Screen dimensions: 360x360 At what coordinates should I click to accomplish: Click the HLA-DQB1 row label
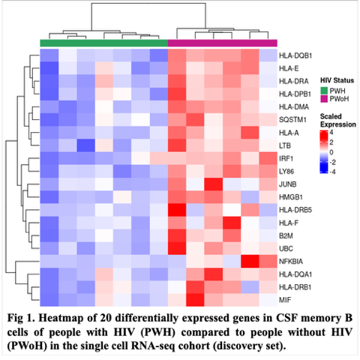tap(295, 55)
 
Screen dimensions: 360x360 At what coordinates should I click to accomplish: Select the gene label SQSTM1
tap(292, 120)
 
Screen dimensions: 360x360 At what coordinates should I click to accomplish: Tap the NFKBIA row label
tap(291, 262)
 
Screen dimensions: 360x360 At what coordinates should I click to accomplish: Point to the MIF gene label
tap(285, 300)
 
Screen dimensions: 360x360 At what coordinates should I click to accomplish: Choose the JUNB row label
tap(287, 184)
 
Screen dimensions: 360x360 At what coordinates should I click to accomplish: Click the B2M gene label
tap(286, 235)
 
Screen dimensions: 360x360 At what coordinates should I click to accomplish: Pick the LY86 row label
tap(286, 172)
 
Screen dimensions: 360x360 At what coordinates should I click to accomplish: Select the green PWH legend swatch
tap(324, 91)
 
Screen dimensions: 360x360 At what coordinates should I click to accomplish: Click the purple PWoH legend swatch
tap(324, 98)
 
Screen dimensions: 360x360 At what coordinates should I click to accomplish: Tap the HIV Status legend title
tap(337, 80)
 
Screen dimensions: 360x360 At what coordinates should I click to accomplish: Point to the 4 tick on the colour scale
tap(331, 132)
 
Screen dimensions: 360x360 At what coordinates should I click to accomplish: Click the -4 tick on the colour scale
tap(332, 172)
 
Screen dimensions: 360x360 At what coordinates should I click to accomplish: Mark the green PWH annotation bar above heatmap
tap(104, 43)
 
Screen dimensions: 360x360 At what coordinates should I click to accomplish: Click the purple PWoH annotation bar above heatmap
tap(223, 43)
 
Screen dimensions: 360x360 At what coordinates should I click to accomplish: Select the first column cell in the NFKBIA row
tap(49, 262)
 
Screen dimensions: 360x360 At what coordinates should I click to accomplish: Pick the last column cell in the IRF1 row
tap(268, 158)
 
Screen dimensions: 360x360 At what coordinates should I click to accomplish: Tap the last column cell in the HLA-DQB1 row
tap(268, 55)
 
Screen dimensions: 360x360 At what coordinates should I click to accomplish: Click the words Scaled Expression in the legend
tap(338, 120)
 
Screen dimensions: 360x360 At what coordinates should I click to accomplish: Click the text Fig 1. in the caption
tap(21, 318)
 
